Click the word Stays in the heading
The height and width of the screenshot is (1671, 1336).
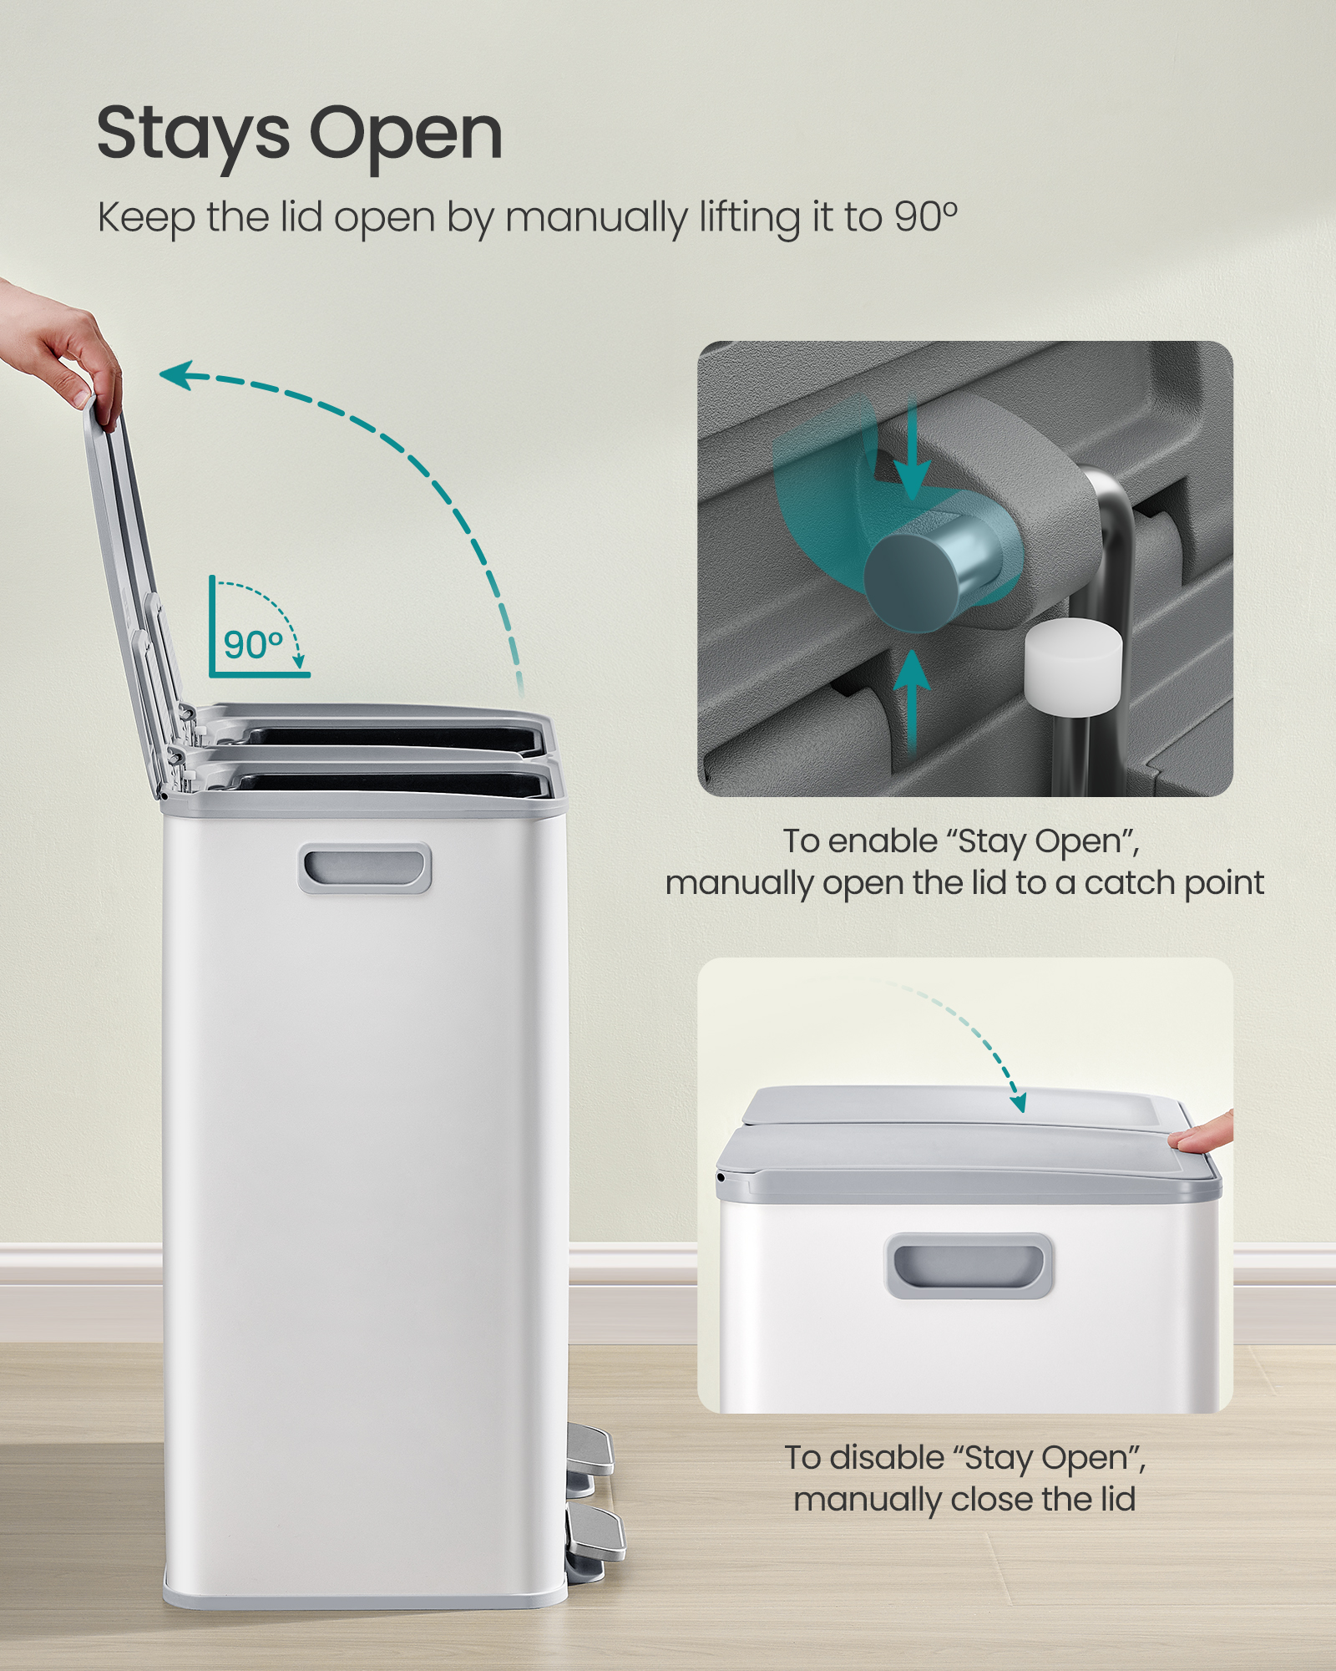(x=193, y=134)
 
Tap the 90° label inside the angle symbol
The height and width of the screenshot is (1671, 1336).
(x=253, y=645)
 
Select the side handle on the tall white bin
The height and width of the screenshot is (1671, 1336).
(x=365, y=868)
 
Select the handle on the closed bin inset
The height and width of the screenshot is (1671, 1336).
(x=969, y=1266)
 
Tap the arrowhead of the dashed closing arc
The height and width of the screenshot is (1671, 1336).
(x=1018, y=1103)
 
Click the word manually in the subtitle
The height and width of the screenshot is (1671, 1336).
(x=596, y=220)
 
